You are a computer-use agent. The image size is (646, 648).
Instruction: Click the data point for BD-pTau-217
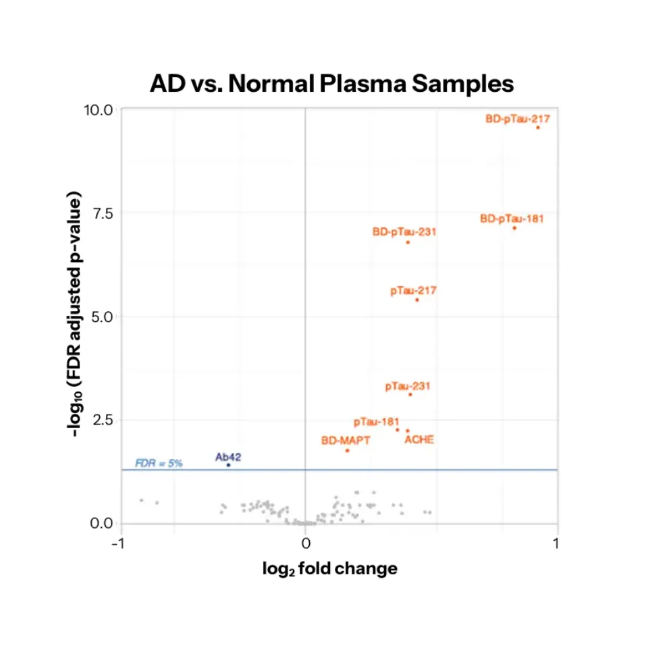click(538, 127)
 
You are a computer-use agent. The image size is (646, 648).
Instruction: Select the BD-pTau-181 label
click(512, 219)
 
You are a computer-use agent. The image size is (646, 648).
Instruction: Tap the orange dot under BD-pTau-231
click(408, 242)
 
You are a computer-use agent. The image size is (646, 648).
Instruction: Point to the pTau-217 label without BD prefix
click(413, 291)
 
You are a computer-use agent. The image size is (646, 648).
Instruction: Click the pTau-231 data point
click(410, 394)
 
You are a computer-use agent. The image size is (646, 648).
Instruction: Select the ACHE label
click(419, 439)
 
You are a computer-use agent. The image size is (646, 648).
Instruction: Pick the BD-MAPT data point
click(348, 450)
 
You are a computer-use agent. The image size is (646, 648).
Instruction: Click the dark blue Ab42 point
click(228, 464)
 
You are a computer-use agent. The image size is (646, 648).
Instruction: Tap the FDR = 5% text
click(159, 464)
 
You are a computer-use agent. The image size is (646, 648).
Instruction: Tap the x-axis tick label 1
click(557, 542)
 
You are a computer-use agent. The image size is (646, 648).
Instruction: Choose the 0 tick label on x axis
click(305, 542)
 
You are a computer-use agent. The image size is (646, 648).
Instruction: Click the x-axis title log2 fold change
click(330, 569)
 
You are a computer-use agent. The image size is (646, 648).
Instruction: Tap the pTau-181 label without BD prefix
click(376, 422)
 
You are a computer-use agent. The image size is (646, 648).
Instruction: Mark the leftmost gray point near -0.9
click(141, 500)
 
